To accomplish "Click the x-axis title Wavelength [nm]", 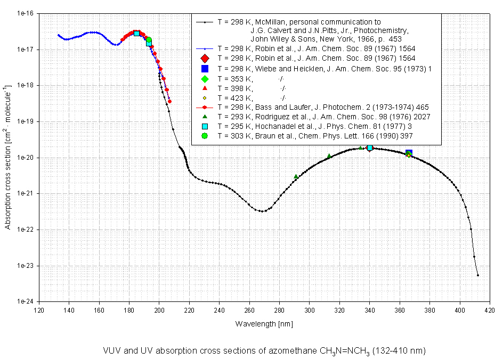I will tap(264, 323).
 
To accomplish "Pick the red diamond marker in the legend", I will tap(205, 58).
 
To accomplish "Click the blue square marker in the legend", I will tap(205, 68).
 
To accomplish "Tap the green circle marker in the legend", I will tap(205, 136).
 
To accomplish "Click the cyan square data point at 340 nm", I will tap(370, 148).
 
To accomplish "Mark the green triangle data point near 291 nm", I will tap(296, 176).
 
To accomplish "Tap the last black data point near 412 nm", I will tap(478, 275).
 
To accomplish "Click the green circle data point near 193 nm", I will tap(149, 40).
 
